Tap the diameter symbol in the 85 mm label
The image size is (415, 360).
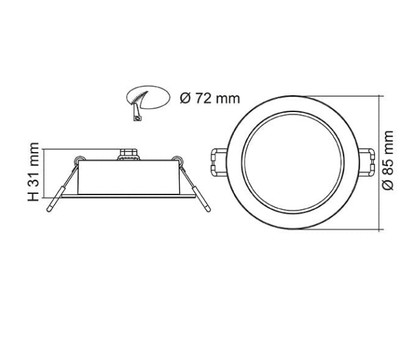tap(388, 184)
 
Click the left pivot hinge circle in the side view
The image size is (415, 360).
tap(78, 158)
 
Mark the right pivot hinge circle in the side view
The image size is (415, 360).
tap(175, 158)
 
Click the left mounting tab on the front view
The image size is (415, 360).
tap(217, 160)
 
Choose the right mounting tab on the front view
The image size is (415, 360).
tap(370, 160)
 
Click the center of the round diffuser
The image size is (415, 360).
tap(294, 162)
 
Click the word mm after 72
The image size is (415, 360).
tap(227, 99)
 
